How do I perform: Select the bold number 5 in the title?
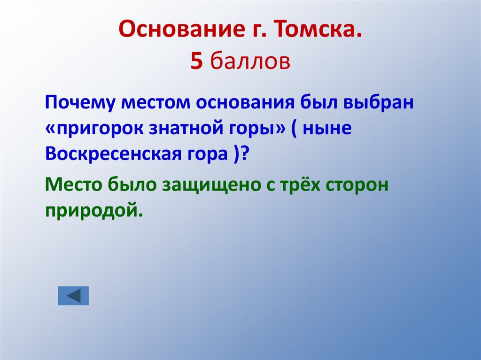[x=196, y=61]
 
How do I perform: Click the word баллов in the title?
[x=250, y=61]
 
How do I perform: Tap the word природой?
[x=93, y=211]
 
